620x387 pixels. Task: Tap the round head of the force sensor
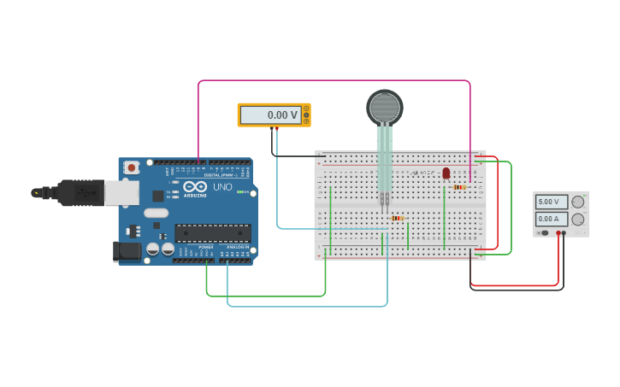[x=385, y=107]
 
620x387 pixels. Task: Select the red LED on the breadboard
[x=446, y=173]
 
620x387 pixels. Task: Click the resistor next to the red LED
[x=459, y=187]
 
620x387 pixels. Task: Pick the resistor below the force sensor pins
[x=397, y=218]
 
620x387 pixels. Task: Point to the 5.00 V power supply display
[x=551, y=202]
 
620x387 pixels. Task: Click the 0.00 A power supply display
[x=551, y=220]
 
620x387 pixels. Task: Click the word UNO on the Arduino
[x=222, y=187]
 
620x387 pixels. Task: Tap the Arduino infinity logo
[x=195, y=187]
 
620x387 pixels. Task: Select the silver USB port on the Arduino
[x=121, y=192]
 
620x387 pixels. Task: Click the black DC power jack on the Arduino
[x=126, y=250]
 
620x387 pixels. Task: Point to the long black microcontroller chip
[x=212, y=232]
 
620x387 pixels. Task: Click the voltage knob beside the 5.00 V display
[x=578, y=202]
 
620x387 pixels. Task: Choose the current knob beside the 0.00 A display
[x=578, y=220]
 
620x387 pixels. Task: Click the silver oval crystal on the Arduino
[x=156, y=213]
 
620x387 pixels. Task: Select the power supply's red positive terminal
[x=558, y=233]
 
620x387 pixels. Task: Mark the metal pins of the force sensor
[x=385, y=200]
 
